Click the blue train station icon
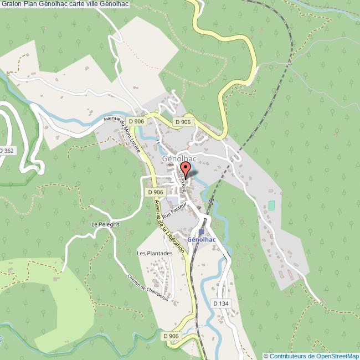[201, 232]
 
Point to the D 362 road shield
[6, 150]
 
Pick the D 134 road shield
[220, 303]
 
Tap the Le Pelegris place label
[102, 225]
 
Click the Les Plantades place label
[155, 253]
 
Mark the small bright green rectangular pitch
[271, 205]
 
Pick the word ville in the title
[107, 4]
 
